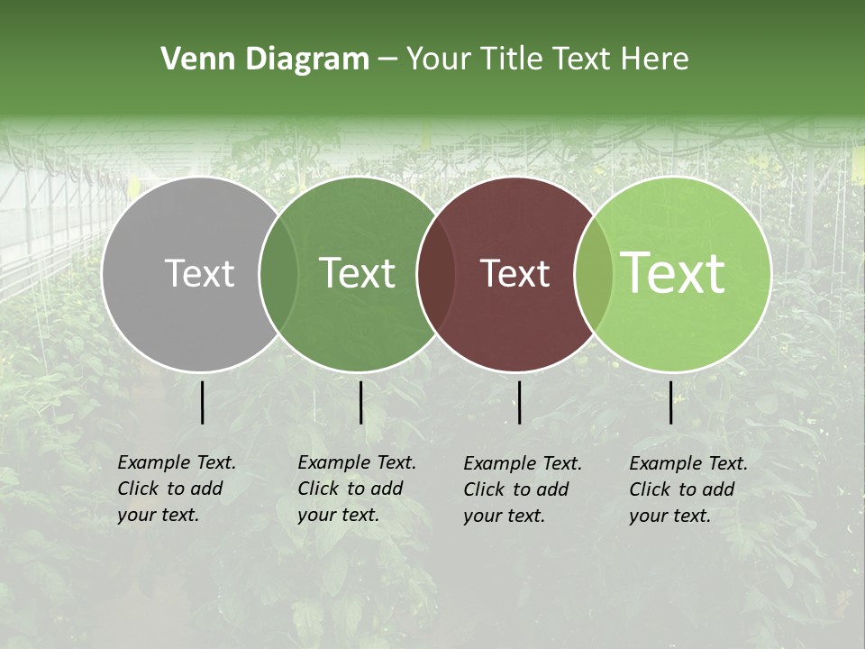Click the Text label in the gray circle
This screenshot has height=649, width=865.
click(199, 273)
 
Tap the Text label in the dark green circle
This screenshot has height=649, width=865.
click(357, 273)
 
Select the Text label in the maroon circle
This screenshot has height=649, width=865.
click(515, 273)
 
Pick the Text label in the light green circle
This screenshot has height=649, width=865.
click(673, 273)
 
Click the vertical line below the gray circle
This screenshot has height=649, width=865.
click(203, 402)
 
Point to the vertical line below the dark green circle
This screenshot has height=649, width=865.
click(360, 402)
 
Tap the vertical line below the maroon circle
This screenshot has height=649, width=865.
click(519, 402)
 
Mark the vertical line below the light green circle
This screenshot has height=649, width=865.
click(671, 402)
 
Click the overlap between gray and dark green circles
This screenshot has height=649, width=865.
click(278, 274)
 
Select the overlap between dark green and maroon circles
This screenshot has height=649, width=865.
click(436, 274)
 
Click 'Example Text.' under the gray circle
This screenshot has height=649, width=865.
click(177, 462)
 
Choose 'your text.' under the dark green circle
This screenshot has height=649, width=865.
click(338, 515)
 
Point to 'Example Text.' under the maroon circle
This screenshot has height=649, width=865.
click(523, 463)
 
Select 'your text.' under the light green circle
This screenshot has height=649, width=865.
click(669, 516)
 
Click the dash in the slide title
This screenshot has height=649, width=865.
click(387, 59)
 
